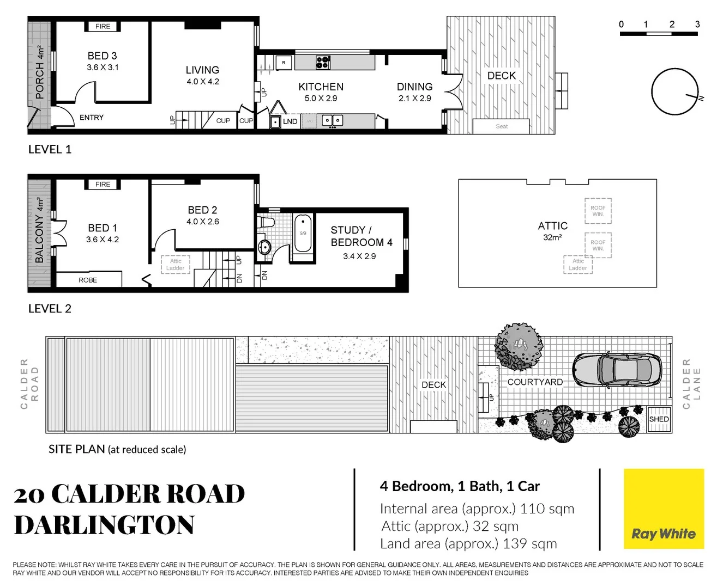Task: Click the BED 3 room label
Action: coord(102,56)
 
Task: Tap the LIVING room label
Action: coord(202,70)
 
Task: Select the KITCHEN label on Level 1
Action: coord(321,87)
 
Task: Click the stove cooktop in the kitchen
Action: coord(323,62)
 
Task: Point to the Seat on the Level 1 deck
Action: coord(501,126)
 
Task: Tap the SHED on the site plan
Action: coord(659,419)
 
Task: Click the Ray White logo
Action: coord(664,509)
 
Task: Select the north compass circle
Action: coord(674,91)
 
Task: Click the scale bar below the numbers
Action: coord(659,34)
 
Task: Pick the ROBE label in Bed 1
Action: coord(88,280)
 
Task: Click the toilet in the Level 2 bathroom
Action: coord(267,222)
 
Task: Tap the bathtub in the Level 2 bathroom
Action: coord(303,233)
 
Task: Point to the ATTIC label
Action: coord(552,226)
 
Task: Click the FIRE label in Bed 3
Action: coord(103,26)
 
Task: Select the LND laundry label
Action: coord(290,121)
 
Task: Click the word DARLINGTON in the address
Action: coord(104,525)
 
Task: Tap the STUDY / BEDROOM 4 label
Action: coord(361,236)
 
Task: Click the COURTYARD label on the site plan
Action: coord(535,382)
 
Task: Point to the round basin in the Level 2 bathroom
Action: coord(264,247)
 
